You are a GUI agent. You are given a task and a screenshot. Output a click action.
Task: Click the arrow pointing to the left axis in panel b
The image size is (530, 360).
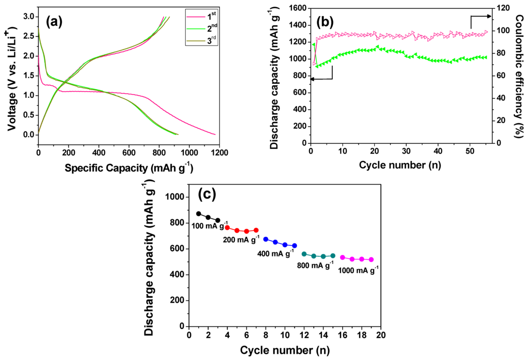[x=320, y=78]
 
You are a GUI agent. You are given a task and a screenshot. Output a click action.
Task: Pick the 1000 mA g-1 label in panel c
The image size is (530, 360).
[x=358, y=269]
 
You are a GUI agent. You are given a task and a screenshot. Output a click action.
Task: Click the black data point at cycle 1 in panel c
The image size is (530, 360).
[x=199, y=214]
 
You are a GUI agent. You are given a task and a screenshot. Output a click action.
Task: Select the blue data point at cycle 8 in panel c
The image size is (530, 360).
[x=266, y=239]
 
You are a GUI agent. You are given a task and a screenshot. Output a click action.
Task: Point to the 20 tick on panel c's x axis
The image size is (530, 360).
[x=381, y=335]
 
